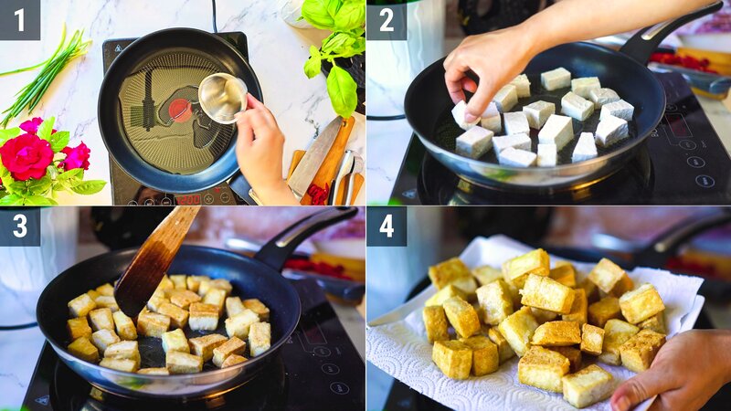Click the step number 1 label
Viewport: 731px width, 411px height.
pyautogui.click(x=19, y=19)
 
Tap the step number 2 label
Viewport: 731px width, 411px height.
pyautogui.click(x=386, y=19)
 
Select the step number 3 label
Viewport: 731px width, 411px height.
pyautogui.click(x=19, y=226)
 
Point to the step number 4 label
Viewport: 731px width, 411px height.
pyautogui.click(x=386, y=226)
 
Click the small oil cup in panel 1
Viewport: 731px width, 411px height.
pyautogui.click(x=222, y=97)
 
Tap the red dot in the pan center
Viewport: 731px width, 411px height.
pyautogui.click(x=180, y=110)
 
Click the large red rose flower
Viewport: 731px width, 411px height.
pyautogui.click(x=26, y=155)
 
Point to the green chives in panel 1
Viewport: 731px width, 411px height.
pyautogui.click(x=46, y=73)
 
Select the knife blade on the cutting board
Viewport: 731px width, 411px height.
pyautogui.click(x=315, y=155)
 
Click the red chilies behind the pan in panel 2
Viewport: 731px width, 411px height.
pyautogui.click(x=681, y=61)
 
